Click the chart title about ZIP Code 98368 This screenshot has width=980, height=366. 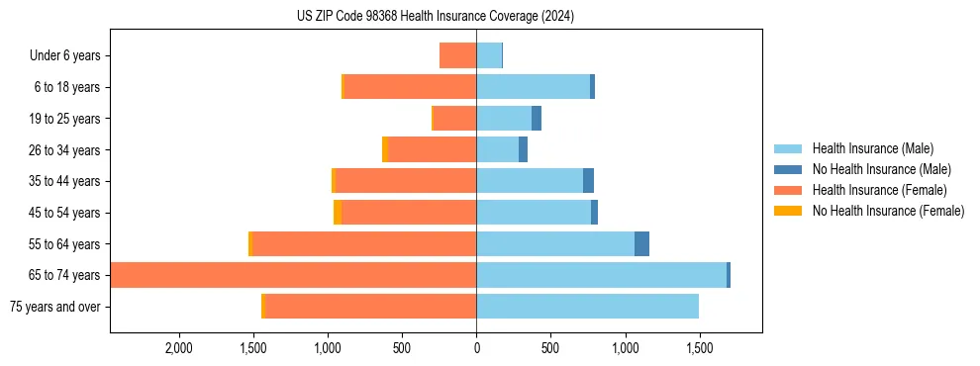tap(436, 17)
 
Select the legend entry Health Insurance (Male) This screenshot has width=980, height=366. tap(872, 148)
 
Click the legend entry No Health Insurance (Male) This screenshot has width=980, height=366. tap(881, 169)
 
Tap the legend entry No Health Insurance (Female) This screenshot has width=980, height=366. tap(888, 211)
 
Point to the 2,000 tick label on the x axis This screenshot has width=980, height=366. tap(179, 348)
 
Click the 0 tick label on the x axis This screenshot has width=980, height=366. tap(476, 348)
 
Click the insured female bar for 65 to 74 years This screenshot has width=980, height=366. tap(297, 275)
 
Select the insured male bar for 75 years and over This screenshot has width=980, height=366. tap(587, 307)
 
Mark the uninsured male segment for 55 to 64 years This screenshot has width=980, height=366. tap(641, 243)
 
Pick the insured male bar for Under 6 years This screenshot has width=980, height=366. tap(489, 55)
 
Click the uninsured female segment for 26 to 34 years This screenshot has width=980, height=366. tap(385, 149)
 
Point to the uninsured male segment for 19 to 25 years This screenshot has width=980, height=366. tap(537, 119)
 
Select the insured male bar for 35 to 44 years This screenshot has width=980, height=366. tap(530, 181)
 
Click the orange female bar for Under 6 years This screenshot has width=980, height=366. tap(457, 55)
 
